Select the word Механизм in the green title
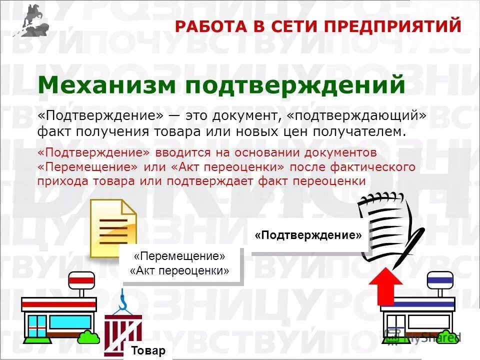tap(106, 85)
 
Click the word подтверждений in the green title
tap(294, 85)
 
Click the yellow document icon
tap(113, 228)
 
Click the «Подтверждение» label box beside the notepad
tap(308, 235)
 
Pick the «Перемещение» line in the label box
tap(180, 256)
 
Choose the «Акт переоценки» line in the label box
tap(180, 271)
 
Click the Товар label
tap(148, 350)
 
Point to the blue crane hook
tap(122, 300)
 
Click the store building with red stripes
tap(59, 317)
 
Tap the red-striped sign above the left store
tap(81, 279)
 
